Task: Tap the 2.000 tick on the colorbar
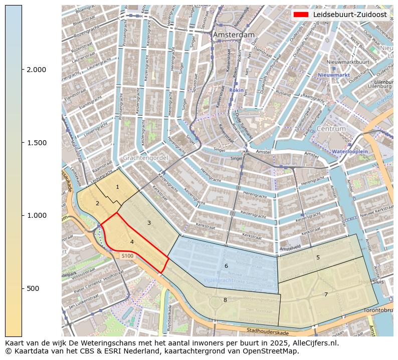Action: pos(37,70)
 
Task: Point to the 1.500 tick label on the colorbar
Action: pos(37,143)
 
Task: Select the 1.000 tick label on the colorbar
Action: pos(37,215)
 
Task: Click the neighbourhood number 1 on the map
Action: pos(117,187)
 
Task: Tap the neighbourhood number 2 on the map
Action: pos(97,203)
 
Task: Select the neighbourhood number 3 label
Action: pos(149,223)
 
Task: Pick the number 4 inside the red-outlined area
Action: pos(132,242)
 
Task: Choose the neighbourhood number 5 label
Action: pos(318,257)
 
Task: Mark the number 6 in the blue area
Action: pos(226,266)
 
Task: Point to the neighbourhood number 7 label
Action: pos(326,294)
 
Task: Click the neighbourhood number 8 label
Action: pos(225,300)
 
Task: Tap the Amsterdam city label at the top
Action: pos(234,35)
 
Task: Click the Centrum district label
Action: pos(331,129)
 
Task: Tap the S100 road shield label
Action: pos(127,256)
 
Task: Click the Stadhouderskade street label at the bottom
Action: pos(268,331)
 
